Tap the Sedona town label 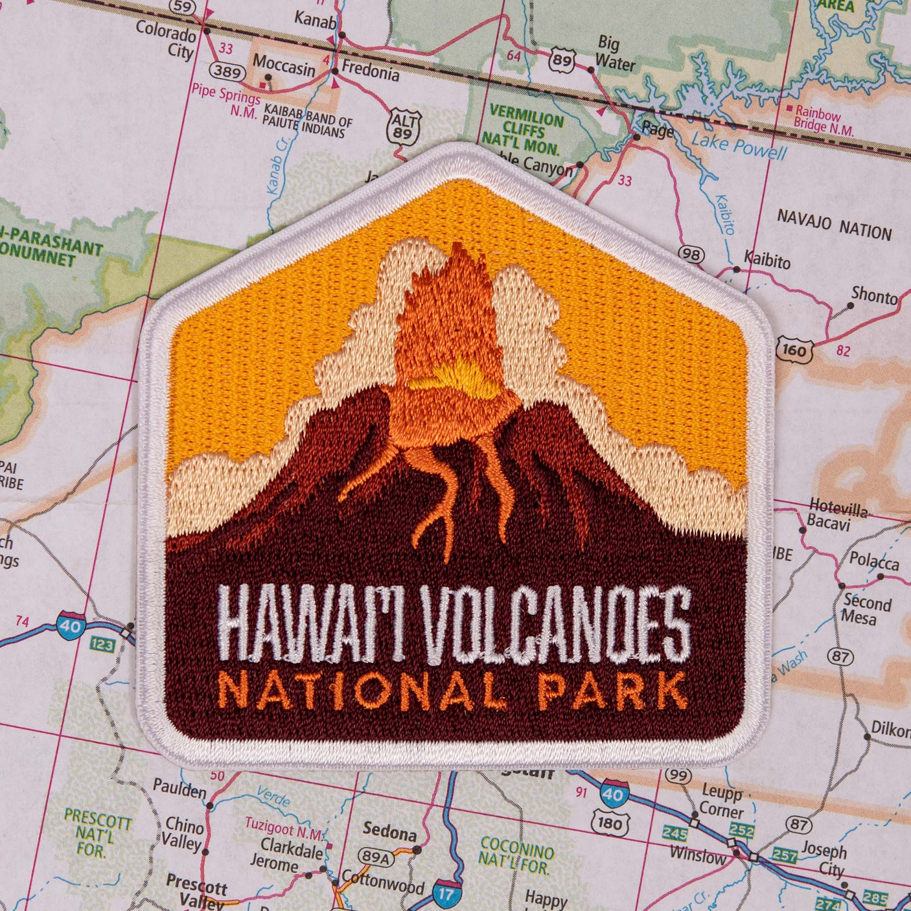click(x=389, y=831)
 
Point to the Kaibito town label click(x=767, y=260)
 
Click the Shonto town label click(x=873, y=295)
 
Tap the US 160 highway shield click(x=794, y=351)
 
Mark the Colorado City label click(x=166, y=39)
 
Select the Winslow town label click(x=697, y=855)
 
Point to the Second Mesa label click(x=866, y=610)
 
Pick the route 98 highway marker click(x=691, y=255)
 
